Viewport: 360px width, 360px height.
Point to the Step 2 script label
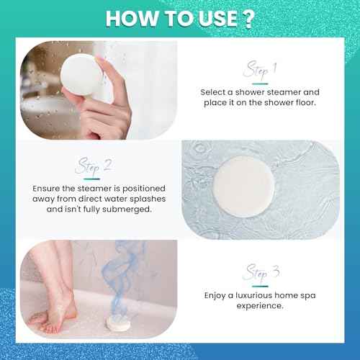(x=94, y=166)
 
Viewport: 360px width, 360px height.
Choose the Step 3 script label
(x=260, y=273)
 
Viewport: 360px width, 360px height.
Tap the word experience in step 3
(x=260, y=305)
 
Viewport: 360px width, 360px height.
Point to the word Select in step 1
(x=216, y=91)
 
